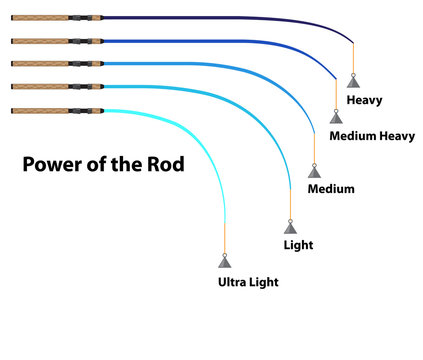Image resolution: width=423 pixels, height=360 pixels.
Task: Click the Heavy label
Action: coord(364,101)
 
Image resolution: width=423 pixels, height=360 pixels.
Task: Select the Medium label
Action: coord(330,188)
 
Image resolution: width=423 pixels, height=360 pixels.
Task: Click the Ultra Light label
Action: coord(248,282)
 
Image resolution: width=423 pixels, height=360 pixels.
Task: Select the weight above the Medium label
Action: coord(315,171)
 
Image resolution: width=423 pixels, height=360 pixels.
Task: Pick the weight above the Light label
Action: coord(289,226)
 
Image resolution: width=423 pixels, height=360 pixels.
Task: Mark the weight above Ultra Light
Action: coord(225,261)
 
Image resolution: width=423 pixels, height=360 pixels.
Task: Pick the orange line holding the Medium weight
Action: coord(315,151)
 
